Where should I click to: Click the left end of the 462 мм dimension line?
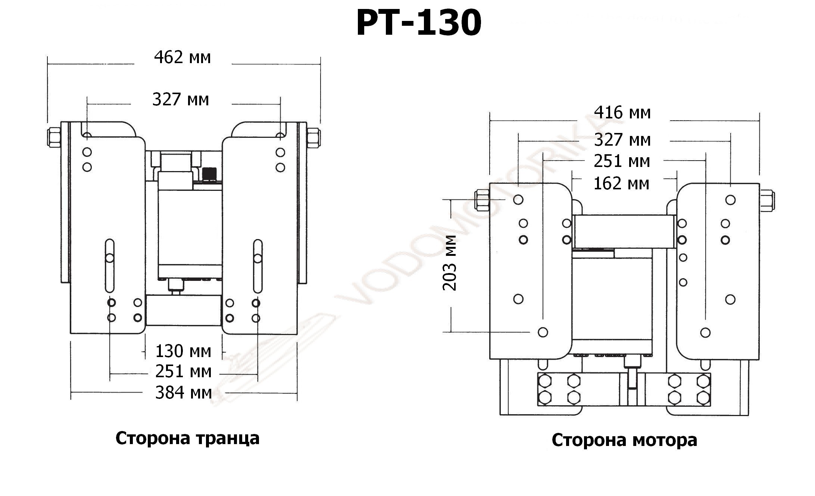[48, 64]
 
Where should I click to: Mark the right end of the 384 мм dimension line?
[297, 393]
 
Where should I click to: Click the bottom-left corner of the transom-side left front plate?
[71, 333]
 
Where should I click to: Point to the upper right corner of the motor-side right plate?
[759, 183]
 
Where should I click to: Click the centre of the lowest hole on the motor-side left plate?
[543, 332]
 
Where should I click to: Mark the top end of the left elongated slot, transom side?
[109, 239]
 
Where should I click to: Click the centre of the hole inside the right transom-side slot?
[257, 258]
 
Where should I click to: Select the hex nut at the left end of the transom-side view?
[54, 137]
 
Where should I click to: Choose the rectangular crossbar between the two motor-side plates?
[624, 232]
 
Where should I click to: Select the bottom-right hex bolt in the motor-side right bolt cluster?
[703, 398]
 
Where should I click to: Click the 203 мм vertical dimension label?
[449, 263]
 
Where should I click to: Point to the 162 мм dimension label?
[621, 183]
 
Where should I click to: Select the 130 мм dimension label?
[183, 351]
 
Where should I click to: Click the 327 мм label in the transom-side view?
[181, 100]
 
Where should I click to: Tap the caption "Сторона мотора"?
[624, 440]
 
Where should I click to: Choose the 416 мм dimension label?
[622, 112]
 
